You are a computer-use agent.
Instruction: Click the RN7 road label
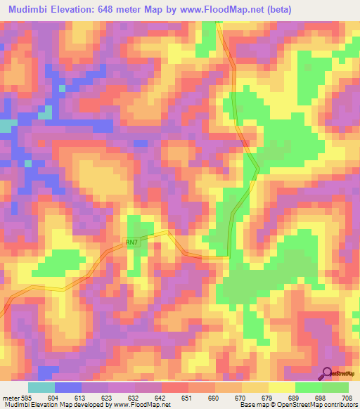[132, 242]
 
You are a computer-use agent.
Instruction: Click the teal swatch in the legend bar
[41, 387]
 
